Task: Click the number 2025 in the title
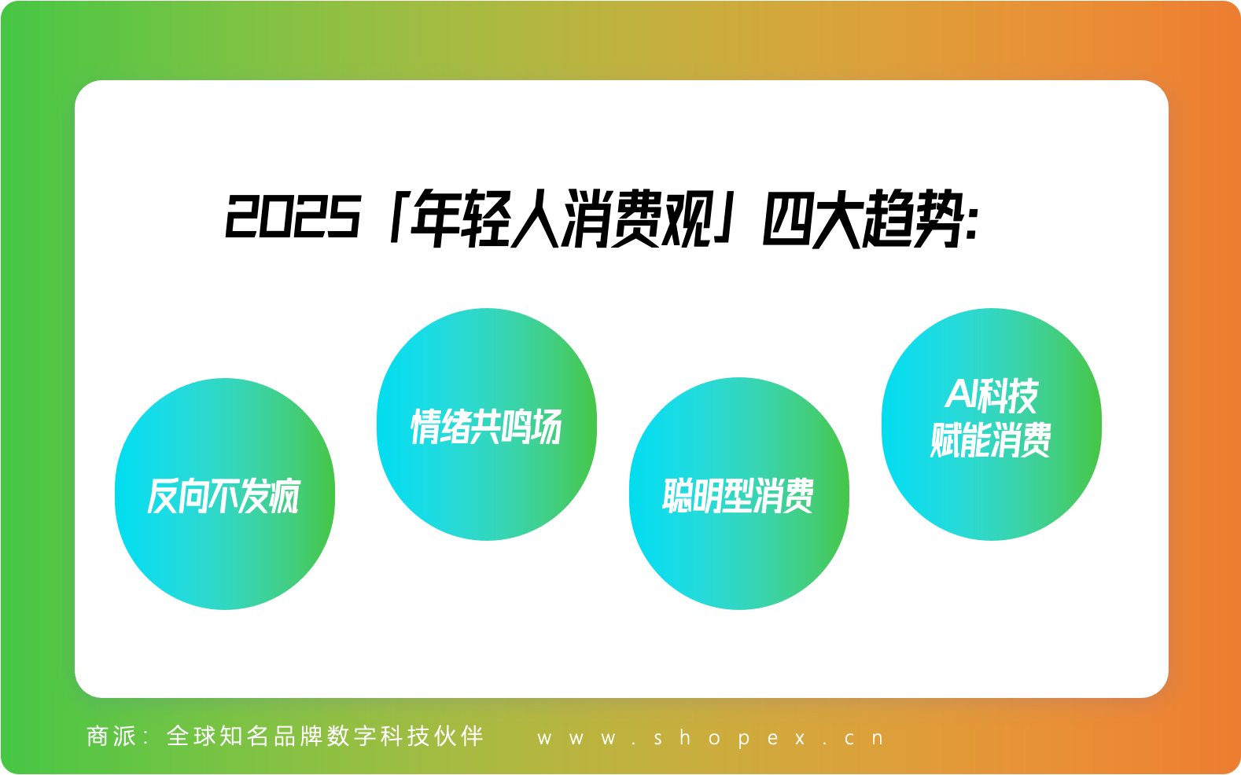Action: [x=293, y=216]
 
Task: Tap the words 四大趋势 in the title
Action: [x=862, y=218]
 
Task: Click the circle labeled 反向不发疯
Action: [x=225, y=494]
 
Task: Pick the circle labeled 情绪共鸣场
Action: [x=487, y=424]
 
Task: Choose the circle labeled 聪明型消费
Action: [x=739, y=494]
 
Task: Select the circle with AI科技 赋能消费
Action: [x=992, y=424]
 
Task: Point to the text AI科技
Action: [x=991, y=396]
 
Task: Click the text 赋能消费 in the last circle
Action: [x=991, y=440]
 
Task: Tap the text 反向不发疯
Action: [x=224, y=496]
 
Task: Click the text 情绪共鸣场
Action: [x=486, y=427]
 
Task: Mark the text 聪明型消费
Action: [x=738, y=496]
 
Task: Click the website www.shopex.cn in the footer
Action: [x=711, y=738]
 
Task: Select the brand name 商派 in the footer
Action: [x=112, y=736]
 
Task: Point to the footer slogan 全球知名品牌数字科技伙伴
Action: [x=326, y=736]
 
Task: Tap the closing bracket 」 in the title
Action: [x=725, y=218]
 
